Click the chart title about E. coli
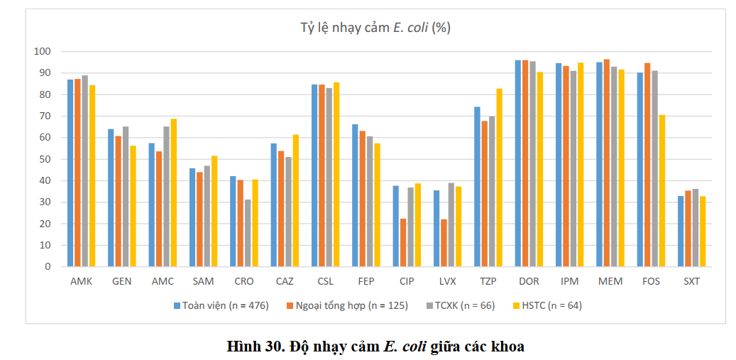coord(375,28)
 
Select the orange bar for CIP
coord(403,243)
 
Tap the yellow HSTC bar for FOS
coord(662,190)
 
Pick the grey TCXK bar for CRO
coord(248,234)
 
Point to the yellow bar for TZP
coord(500,178)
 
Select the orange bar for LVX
coord(444,243)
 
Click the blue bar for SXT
coord(681,231)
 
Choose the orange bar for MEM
coord(606,163)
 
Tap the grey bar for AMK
coord(85,171)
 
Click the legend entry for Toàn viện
coord(221,305)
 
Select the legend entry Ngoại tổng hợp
coord(346,305)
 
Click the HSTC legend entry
coord(546,305)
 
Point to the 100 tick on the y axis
coord(48,51)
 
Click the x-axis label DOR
coord(529,282)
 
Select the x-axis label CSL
coord(325,282)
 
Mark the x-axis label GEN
coord(122,282)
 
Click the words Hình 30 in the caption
coord(253,347)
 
